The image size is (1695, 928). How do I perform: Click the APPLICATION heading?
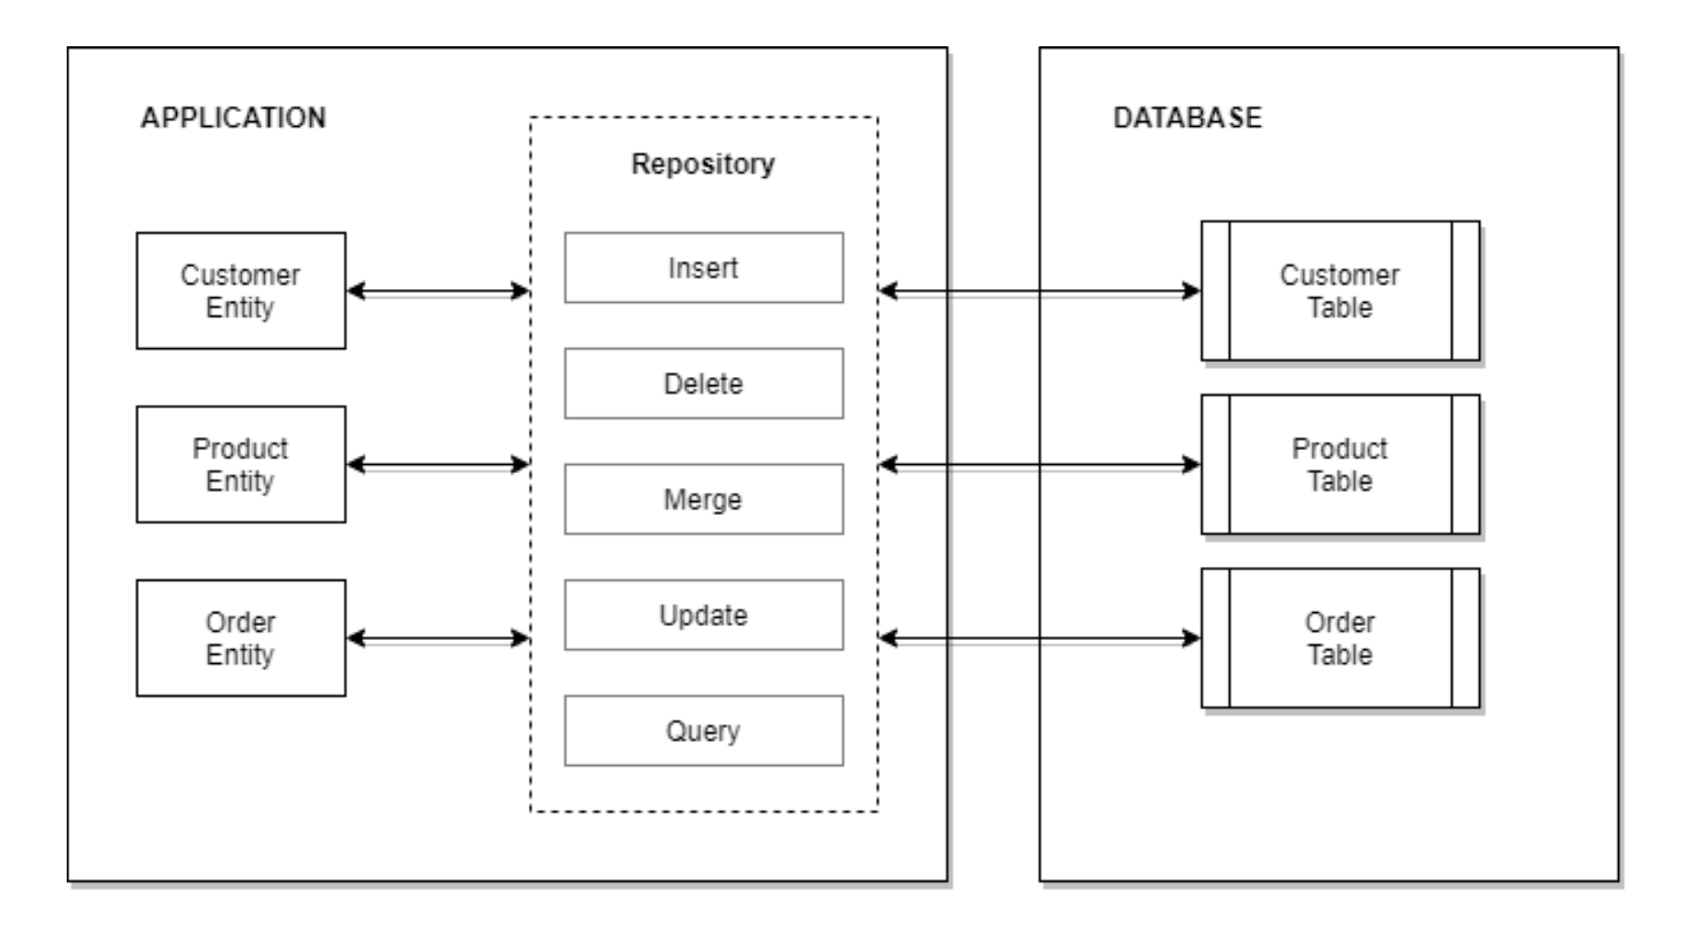point(233,118)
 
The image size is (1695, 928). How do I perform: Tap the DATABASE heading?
point(1186,118)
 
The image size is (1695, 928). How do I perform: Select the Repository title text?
point(703,164)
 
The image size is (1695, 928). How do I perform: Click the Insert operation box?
point(703,268)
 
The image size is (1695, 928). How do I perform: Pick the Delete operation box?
point(703,383)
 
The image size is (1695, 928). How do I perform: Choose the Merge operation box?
point(703,499)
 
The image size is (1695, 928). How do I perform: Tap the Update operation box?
point(703,615)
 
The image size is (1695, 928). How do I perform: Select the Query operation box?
point(703,731)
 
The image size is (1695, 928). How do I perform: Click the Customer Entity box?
point(241,291)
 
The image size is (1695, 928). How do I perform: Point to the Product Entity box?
point(241,464)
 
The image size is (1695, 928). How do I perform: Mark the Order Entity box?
point(241,638)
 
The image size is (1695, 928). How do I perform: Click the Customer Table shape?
point(1339,291)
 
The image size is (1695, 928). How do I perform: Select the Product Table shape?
point(1339,464)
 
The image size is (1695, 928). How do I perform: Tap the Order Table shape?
point(1339,638)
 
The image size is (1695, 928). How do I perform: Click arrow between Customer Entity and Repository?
point(437,291)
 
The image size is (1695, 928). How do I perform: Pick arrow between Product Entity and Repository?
point(437,464)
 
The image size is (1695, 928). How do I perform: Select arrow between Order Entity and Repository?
point(437,638)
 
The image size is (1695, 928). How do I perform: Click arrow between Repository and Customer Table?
point(1039,291)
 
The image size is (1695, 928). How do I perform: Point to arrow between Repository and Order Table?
point(1039,638)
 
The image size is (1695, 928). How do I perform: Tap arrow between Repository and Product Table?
point(1039,464)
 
